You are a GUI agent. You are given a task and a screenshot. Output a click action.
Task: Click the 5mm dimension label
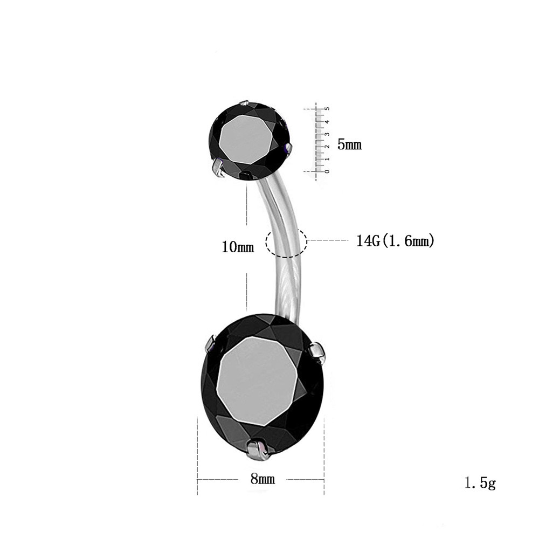point(349,144)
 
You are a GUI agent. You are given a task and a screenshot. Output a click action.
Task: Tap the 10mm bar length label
point(238,247)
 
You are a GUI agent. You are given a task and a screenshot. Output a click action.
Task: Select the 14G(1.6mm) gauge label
point(395,240)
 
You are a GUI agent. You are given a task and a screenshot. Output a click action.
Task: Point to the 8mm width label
point(262,479)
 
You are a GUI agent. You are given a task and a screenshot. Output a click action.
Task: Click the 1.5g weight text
point(480,483)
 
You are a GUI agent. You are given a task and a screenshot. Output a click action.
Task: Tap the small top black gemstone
point(250,141)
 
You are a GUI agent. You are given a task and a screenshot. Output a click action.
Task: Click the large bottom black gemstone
point(262,387)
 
